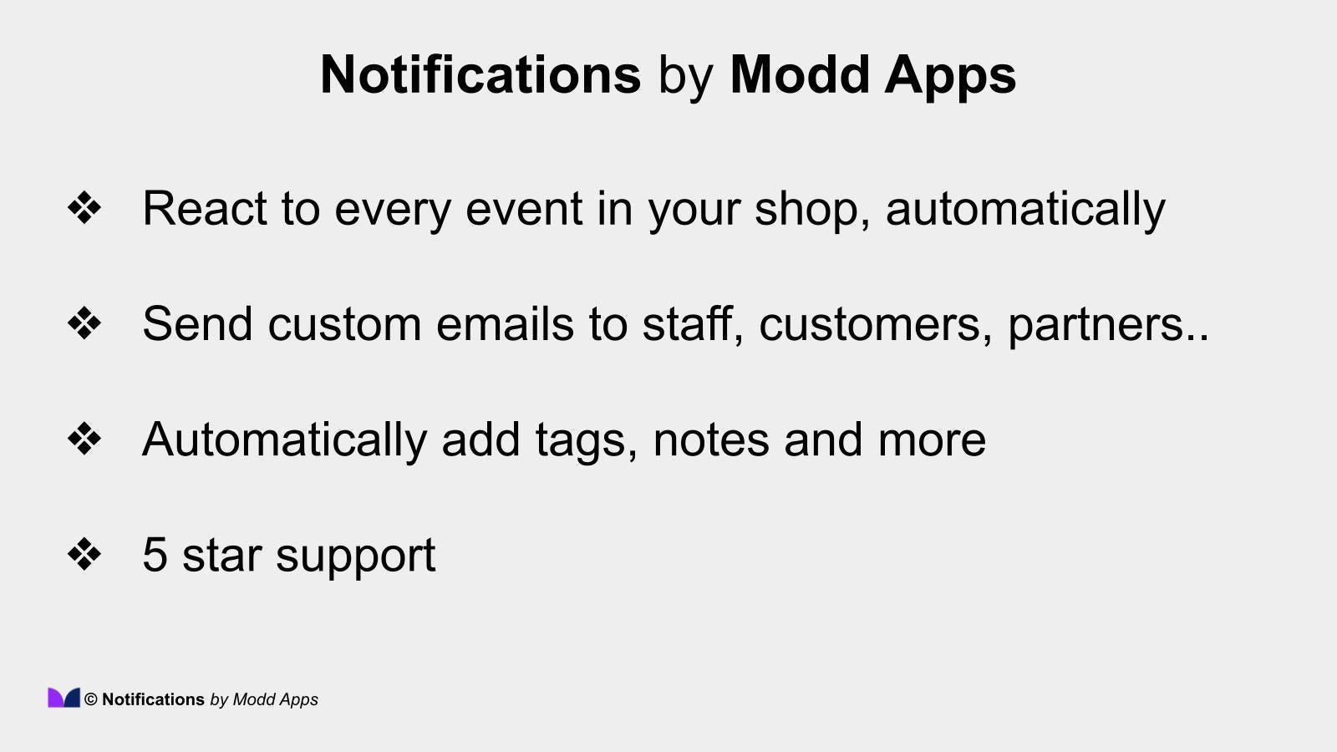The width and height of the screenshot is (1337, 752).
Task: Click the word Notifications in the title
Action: tap(480, 74)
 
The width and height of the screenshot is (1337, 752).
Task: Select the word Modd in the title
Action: tap(800, 74)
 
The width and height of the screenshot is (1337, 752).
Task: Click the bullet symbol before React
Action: tap(84, 208)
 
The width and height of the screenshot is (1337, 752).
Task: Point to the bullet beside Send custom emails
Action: tap(84, 323)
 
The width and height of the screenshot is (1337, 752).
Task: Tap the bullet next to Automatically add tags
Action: tap(84, 439)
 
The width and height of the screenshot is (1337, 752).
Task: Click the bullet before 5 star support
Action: tap(84, 554)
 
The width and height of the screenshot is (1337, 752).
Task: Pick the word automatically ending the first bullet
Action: tap(1025, 210)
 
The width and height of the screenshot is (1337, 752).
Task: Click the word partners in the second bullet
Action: tap(1096, 325)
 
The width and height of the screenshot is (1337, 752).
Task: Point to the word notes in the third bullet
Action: tap(710, 440)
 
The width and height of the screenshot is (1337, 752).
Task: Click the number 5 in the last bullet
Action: tap(155, 554)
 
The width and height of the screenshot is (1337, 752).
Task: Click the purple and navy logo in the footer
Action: tap(64, 698)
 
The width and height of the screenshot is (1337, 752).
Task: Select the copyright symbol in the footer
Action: tap(91, 700)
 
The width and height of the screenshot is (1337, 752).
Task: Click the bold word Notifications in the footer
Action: tap(153, 699)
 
